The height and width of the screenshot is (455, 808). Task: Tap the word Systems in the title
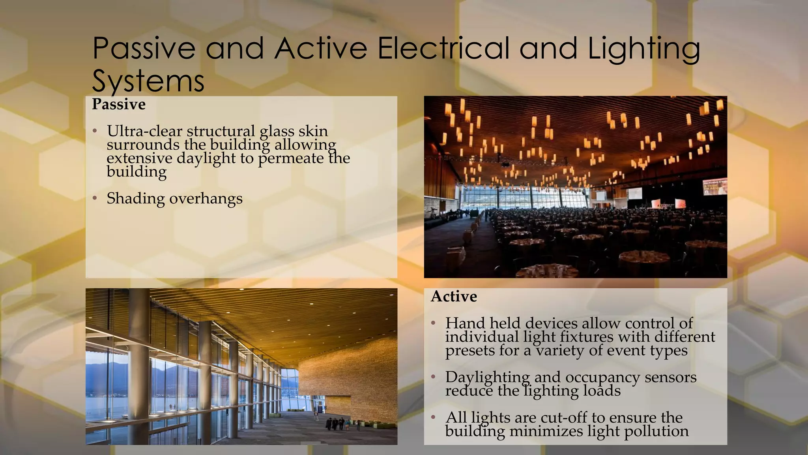point(148,81)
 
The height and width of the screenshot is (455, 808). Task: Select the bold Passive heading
point(119,104)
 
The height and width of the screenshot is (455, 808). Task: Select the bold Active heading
point(454,296)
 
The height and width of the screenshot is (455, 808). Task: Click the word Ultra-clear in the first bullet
point(144,131)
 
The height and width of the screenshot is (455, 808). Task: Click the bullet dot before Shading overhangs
point(95,198)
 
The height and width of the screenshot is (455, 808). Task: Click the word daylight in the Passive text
point(206,158)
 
